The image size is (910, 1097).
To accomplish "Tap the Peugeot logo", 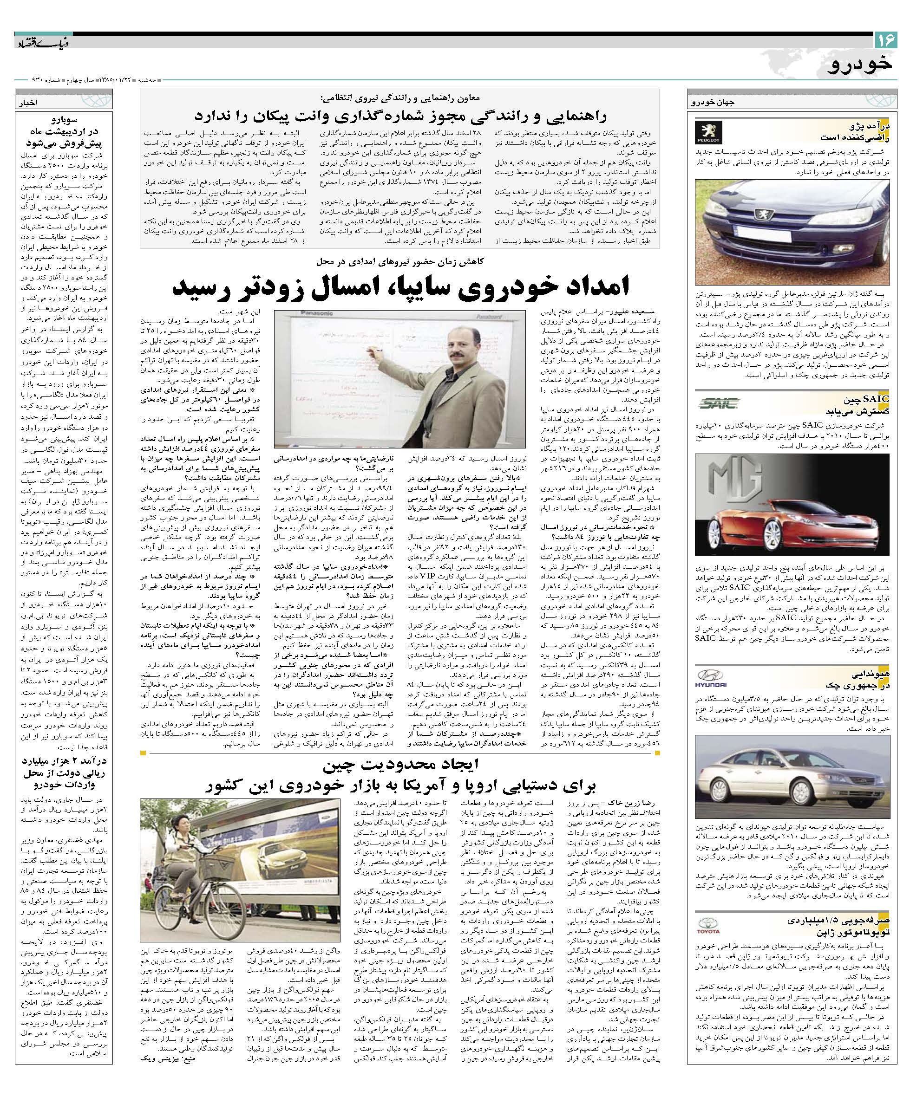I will pos(709,132).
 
